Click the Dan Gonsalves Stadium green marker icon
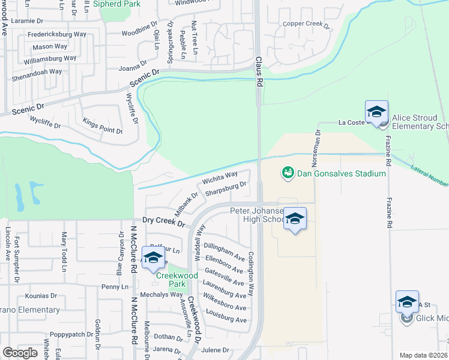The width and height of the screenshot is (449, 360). [288, 173]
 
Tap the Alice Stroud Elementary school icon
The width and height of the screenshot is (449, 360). [376, 113]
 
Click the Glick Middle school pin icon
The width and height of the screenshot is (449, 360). [407, 302]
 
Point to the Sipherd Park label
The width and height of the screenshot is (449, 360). [119, 3]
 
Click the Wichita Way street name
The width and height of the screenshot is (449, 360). [220, 178]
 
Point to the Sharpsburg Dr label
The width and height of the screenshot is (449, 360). [226, 189]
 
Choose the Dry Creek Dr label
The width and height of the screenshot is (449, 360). [163, 221]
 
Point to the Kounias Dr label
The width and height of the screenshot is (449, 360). [41, 296]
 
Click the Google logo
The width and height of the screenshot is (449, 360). [20, 353]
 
